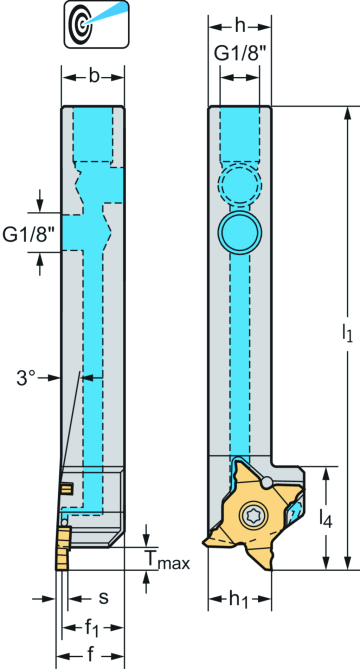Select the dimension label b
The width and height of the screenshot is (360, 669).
click(93, 75)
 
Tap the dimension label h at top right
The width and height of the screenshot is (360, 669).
click(240, 26)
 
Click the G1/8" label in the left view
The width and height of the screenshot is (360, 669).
click(27, 234)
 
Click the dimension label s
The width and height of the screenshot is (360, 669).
click(103, 597)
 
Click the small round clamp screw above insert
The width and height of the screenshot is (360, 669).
click(267, 484)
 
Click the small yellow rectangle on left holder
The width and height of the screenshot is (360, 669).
click(67, 488)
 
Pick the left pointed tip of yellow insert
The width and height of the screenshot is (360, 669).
click(206, 541)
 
